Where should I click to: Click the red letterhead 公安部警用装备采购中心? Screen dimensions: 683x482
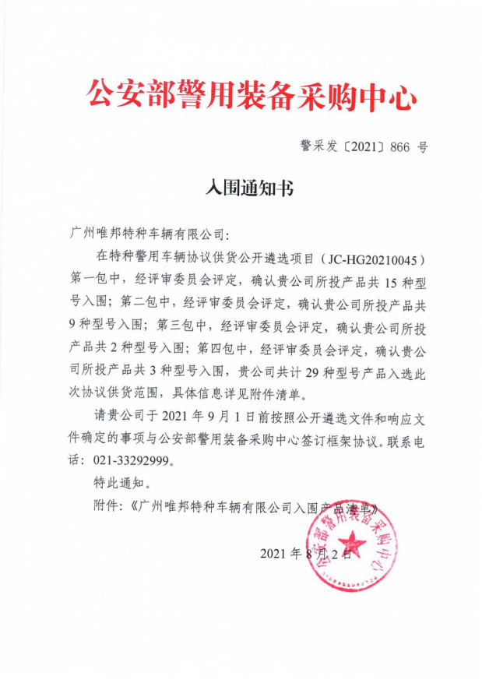pos(250,96)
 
